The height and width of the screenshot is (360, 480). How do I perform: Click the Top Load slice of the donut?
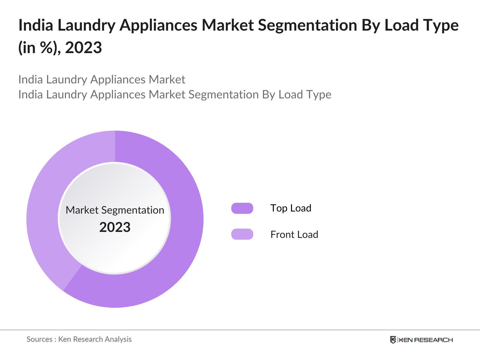[x=180, y=240]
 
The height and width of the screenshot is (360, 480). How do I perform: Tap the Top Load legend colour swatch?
[x=242, y=208]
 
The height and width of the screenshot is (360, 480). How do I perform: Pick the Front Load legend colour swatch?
[x=242, y=234]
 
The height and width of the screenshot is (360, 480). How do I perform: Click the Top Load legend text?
[x=291, y=208]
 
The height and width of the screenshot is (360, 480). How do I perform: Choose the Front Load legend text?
[x=294, y=235]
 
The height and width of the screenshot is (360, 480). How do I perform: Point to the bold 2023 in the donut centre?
[x=115, y=227]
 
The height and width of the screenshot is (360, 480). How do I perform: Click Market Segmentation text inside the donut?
[x=115, y=210]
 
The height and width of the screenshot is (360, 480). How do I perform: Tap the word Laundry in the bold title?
[x=86, y=25]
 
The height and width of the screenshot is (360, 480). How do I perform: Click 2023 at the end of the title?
[x=83, y=48]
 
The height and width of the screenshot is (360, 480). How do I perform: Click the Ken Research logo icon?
[x=393, y=340]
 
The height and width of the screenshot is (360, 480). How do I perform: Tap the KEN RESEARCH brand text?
[x=425, y=340]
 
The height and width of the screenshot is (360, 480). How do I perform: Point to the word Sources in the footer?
[x=40, y=339]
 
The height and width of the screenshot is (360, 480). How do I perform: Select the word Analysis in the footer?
[x=118, y=339]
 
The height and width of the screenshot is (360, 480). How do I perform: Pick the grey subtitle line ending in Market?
[x=102, y=79]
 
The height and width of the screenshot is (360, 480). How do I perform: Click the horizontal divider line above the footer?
[x=240, y=330]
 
